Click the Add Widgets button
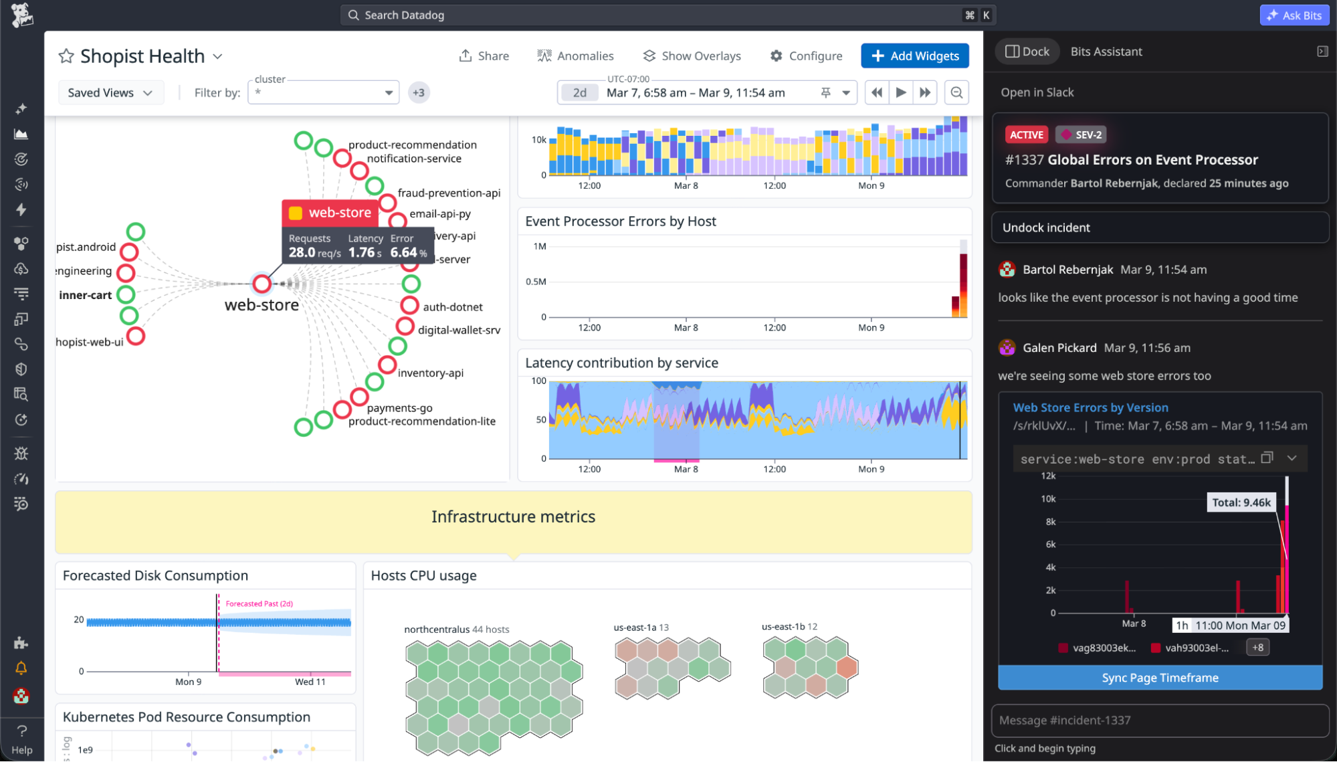click(x=914, y=56)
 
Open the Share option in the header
click(x=484, y=56)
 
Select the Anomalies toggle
click(x=575, y=56)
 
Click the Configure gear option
click(x=806, y=56)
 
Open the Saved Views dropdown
click(x=110, y=93)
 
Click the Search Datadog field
click(x=662, y=15)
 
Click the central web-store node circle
click(x=262, y=284)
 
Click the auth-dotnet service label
click(x=452, y=307)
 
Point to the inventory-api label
click(x=430, y=373)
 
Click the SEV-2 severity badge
click(x=1081, y=134)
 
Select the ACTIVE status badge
click(x=1026, y=134)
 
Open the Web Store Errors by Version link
click(x=1090, y=407)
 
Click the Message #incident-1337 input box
click(x=1160, y=721)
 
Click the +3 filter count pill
click(x=419, y=93)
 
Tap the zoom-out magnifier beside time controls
click(x=956, y=93)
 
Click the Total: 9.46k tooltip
click(x=1241, y=502)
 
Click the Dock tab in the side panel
click(x=1027, y=52)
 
